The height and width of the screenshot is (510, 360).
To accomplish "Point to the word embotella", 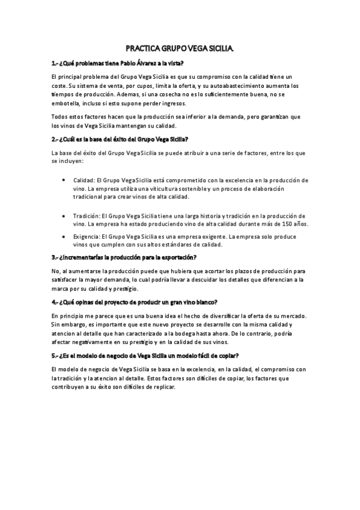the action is coord(66,103).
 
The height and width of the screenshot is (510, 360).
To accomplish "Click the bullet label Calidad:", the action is coord(84,180).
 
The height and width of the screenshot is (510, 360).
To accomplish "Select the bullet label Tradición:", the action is coord(87,215).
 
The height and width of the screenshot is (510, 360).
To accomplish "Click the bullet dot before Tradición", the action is coord(64,215).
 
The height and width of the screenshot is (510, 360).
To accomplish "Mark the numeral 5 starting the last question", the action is coord(53,355).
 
